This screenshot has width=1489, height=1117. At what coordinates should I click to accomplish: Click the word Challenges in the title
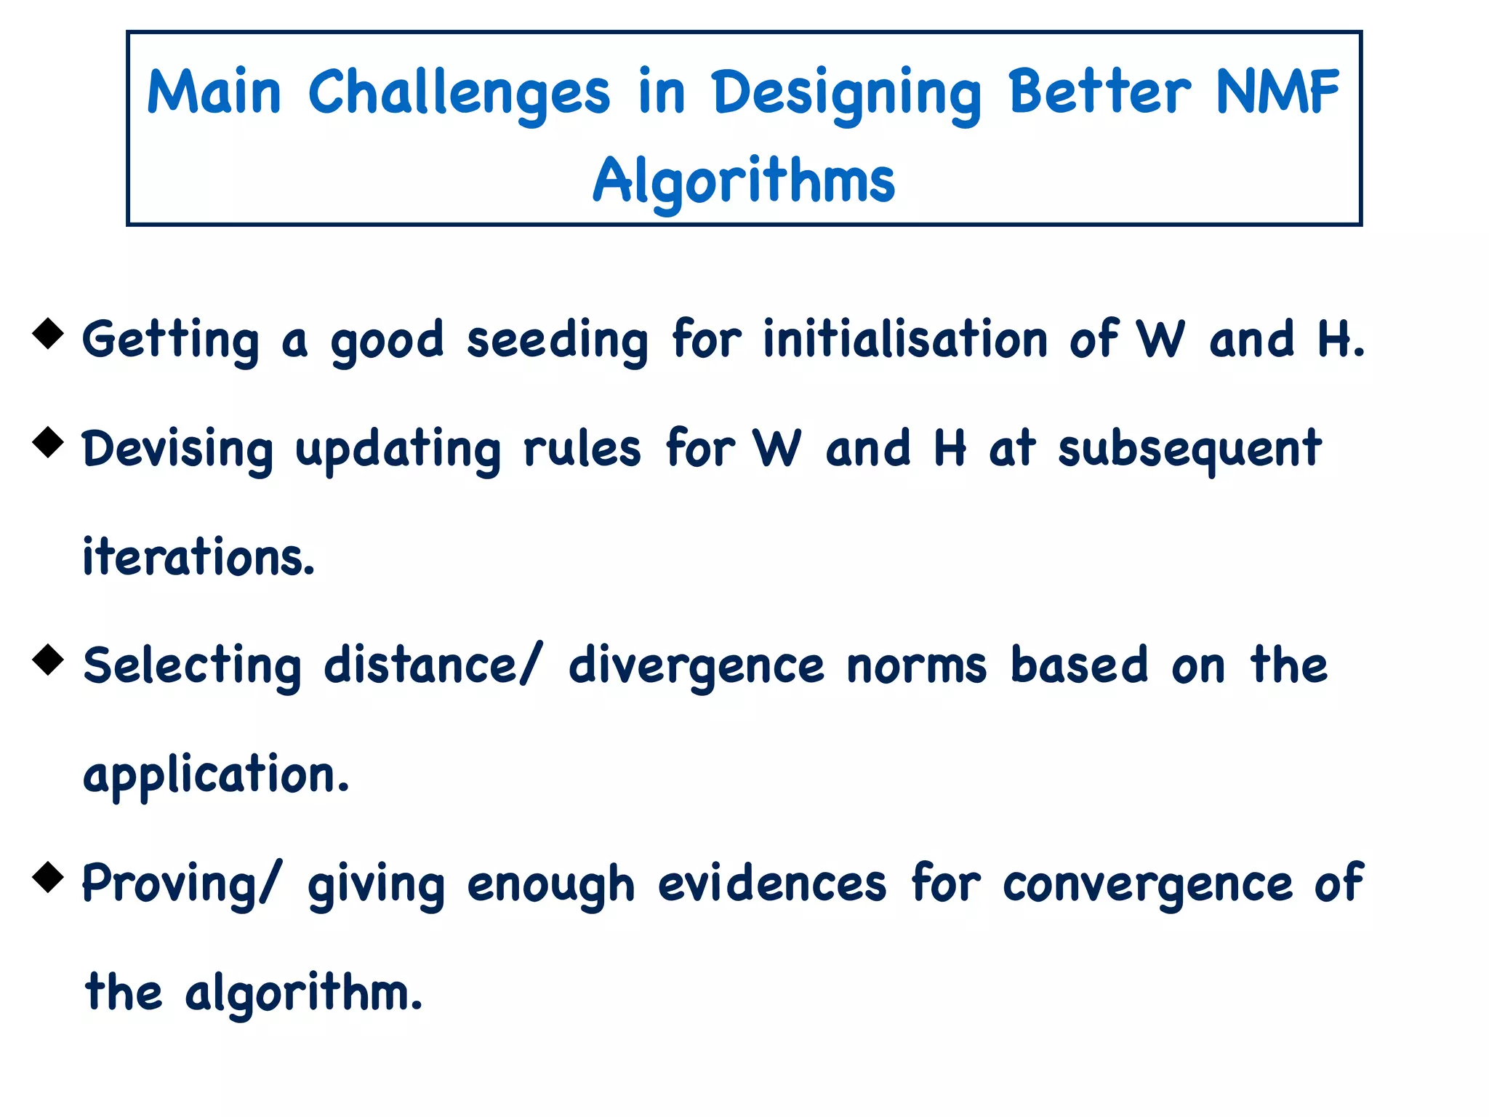pos(459,93)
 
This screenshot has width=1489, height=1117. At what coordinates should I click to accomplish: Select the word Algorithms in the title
pos(744,181)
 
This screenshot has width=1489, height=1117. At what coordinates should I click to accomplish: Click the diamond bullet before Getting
pos(49,333)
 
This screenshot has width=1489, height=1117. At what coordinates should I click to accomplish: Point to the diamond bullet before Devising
pos(49,442)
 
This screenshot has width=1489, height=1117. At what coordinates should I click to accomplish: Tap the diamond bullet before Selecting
pos(49,660)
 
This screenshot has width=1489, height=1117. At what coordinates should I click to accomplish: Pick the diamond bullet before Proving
pos(49,876)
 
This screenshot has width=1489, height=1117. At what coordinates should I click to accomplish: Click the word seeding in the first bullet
pos(557,341)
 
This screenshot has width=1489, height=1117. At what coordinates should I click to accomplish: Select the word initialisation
pos(905,340)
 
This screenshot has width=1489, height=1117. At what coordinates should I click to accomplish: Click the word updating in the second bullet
pos(398,450)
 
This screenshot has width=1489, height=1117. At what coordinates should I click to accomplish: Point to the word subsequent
pos(1189,450)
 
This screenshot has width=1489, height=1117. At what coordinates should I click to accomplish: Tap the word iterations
pos(198,558)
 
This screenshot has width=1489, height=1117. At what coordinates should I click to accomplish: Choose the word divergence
pos(696,667)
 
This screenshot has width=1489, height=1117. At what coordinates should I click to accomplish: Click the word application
pos(216,776)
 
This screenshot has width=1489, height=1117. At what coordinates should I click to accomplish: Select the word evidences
pos(772,884)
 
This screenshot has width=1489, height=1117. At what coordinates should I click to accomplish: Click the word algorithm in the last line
pos(303,993)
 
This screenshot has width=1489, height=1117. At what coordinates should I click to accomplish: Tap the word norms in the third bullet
pos(917,667)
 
